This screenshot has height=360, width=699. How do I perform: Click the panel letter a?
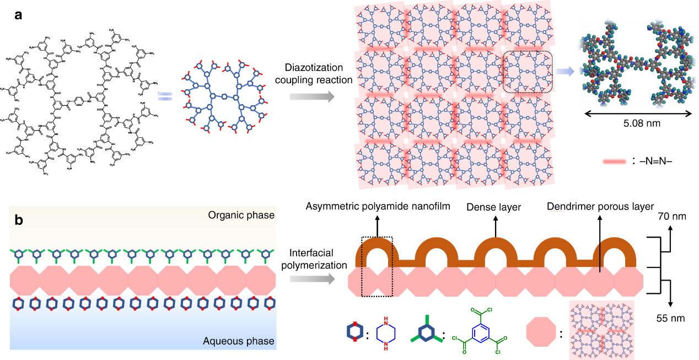[x=19, y=15]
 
